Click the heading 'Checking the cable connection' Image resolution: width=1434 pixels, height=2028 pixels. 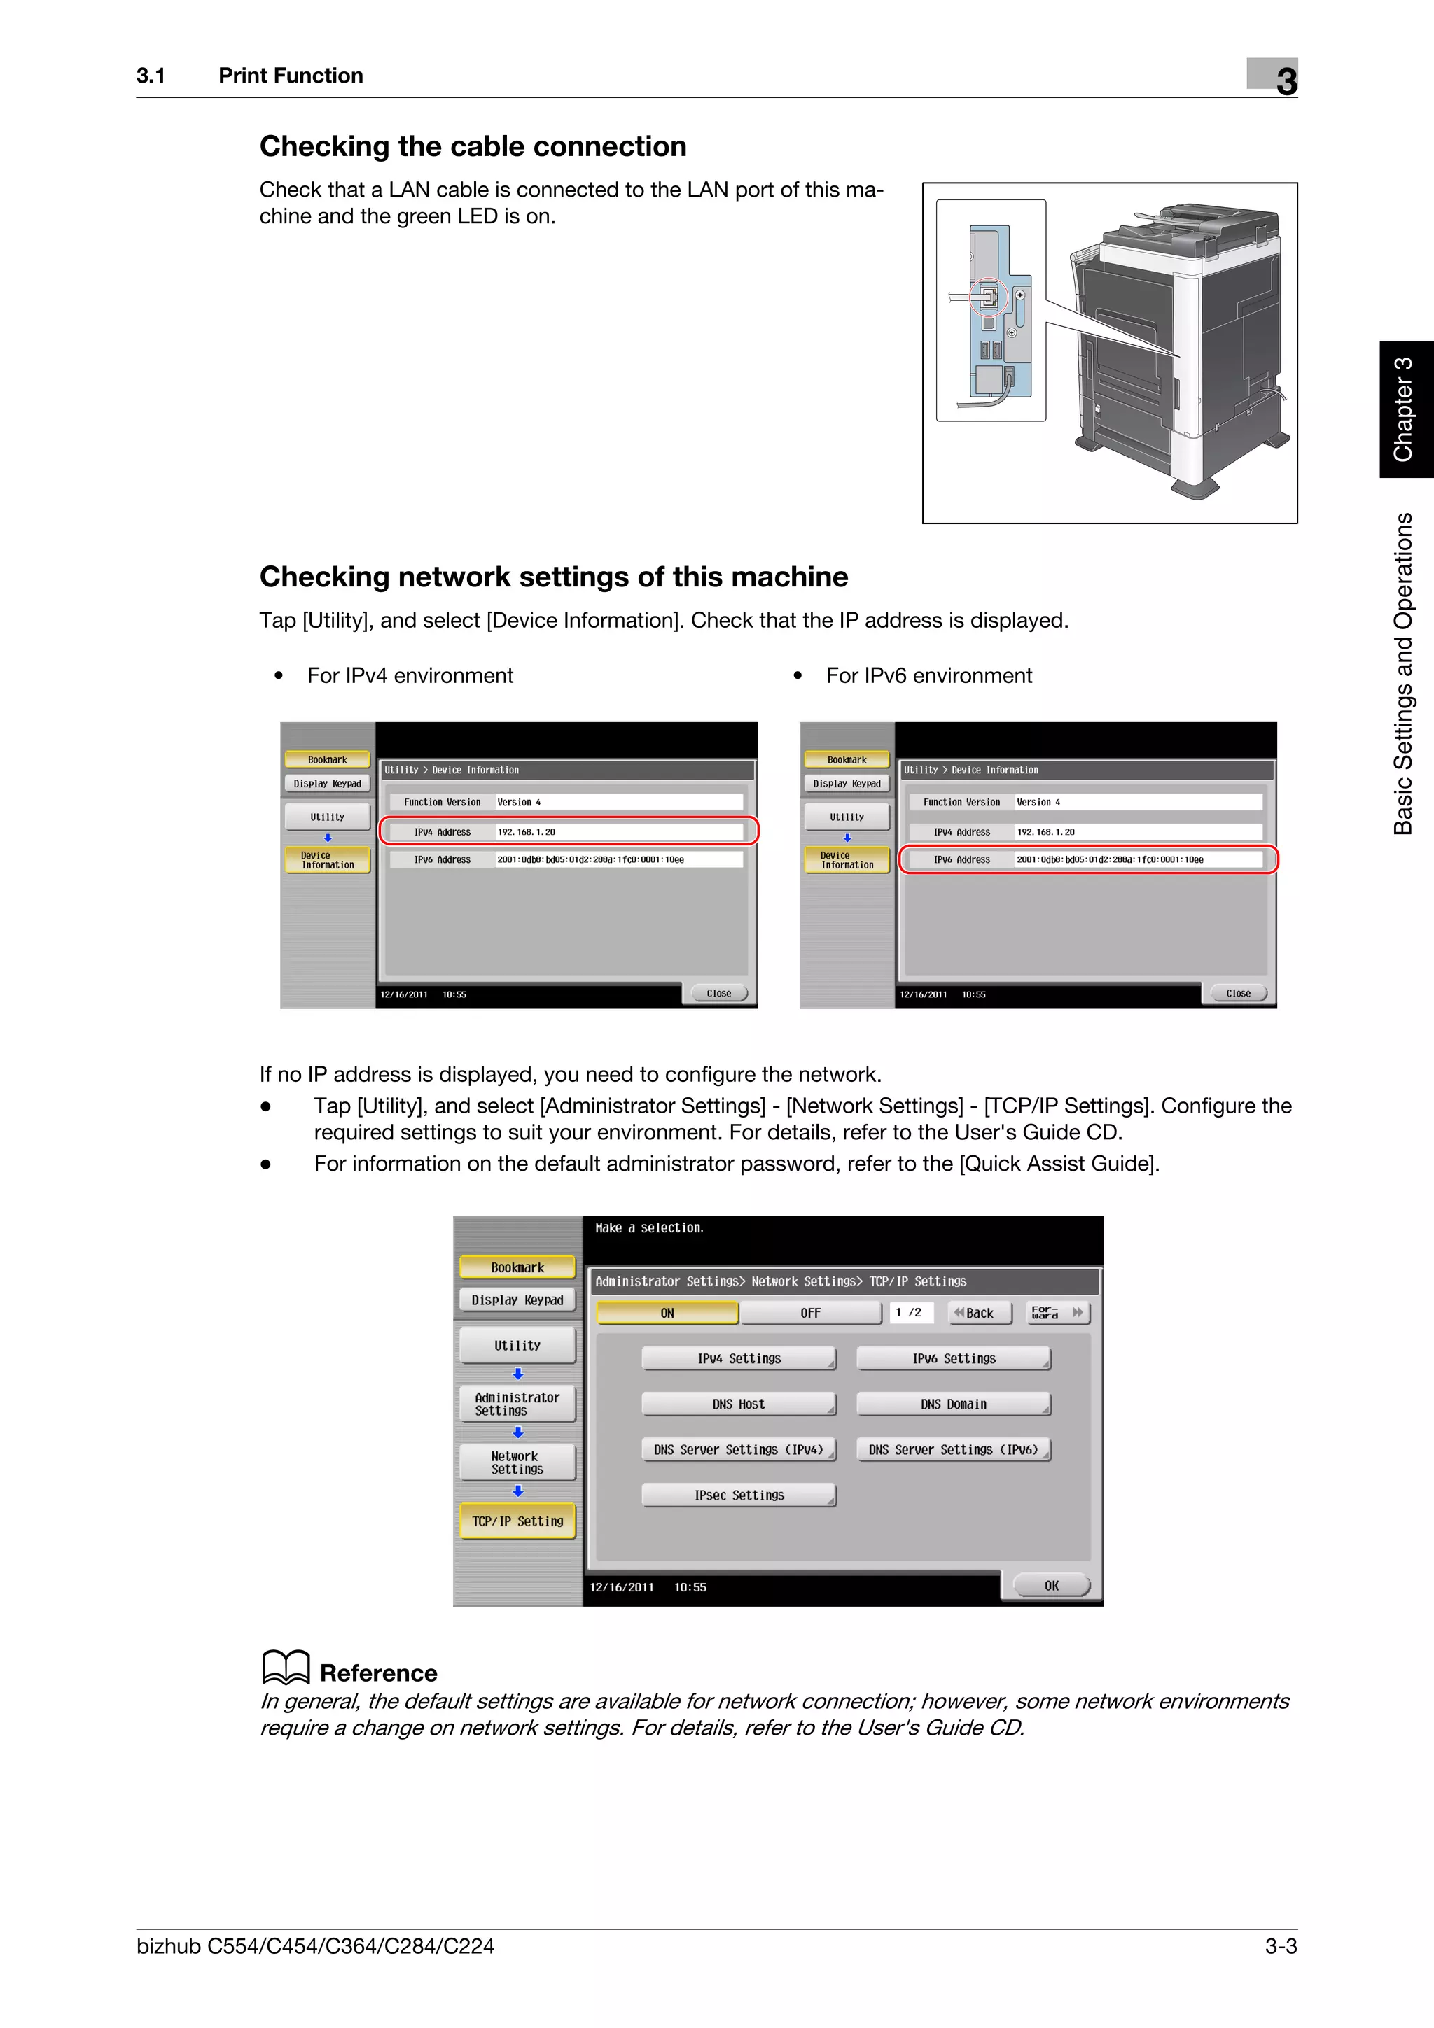point(473,147)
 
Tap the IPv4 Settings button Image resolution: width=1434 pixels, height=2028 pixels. point(739,1358)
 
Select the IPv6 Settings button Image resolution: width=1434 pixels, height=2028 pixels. point(954,1358)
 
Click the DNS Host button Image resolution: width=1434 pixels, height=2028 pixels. point(739,1404)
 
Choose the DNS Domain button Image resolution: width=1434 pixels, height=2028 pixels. point(954,1404)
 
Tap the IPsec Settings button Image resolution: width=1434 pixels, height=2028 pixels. point(739,1495)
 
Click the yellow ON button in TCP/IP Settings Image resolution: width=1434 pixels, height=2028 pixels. point(667,1314)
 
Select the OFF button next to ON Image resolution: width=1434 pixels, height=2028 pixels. point(810,1314)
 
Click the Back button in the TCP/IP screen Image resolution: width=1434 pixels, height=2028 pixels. point(979,1314)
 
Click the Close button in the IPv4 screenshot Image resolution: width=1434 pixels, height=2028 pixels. point(718,994)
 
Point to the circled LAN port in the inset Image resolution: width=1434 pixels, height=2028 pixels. point(989,297)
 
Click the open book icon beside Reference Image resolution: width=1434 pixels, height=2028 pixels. point(286,1668)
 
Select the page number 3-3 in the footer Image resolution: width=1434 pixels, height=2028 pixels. point(1280,1946)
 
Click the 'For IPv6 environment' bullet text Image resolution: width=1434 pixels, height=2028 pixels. point(928,676)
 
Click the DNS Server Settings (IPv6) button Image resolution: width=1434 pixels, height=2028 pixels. point(954,1449)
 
